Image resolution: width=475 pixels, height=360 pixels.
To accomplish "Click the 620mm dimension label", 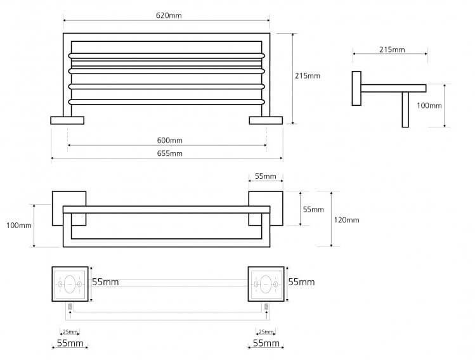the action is click(169, 15).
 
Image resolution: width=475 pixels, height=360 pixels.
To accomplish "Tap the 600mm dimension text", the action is click(170, 140).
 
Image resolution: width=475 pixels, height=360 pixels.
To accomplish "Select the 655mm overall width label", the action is click(170, 153).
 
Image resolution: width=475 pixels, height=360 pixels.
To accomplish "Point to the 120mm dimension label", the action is click(346, 220).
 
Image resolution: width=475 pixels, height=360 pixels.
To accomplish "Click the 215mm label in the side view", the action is click(392, 49).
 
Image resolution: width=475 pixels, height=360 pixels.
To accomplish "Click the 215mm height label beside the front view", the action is click(308, 75).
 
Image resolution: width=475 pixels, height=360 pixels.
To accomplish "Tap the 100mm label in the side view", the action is click(429, 105).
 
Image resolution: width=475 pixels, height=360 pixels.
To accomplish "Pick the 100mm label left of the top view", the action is click(19, 226).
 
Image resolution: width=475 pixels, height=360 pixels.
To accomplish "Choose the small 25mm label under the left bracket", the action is click(70, 331).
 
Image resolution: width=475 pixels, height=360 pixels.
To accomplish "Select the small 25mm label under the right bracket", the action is click(266, 331).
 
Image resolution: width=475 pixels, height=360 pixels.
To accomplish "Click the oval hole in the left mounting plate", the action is click(70, 284).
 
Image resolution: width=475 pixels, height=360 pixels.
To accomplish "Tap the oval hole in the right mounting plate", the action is click(266, 284).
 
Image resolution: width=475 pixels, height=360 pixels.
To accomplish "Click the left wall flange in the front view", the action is click(67, 120).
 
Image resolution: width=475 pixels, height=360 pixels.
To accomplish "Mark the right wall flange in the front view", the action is click(266, 120).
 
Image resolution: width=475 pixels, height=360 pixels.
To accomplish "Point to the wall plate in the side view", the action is click(356, 88).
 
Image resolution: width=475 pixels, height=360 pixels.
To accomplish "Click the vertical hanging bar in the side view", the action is click(405, 110).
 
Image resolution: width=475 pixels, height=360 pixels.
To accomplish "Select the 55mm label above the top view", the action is click(265, 176).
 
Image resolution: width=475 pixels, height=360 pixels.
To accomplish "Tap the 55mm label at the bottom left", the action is click(70, 343).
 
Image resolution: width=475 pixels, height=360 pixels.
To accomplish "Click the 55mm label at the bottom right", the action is click(266, 343).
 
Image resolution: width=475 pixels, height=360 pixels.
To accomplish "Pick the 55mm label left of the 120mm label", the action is click(313, 209).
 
